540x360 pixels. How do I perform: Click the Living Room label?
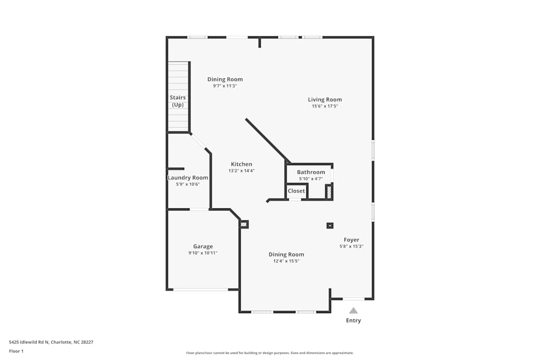tap(325, 99)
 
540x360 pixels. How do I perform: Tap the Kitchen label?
tap(241, 164)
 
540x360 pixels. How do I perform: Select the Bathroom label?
tap(311, 172)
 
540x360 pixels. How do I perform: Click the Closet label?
tap(296, 191)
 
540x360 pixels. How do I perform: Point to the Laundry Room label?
tap(188, 178)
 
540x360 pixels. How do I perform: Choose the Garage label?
tap(203, 246)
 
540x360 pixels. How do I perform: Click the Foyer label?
tap(351, 240)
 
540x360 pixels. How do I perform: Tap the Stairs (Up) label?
tap(178, 101)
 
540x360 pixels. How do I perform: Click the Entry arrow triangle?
tap(353, 310)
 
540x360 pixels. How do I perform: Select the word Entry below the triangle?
tap(353, 321)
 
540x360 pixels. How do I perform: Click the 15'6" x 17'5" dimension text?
tap(325, 106)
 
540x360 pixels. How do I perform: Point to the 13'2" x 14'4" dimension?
tap(241, 171)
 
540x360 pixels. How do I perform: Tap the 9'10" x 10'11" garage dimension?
tap(203, 253)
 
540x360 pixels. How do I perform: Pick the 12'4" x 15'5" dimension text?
tap(286, 261)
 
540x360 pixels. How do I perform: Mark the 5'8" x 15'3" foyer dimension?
tap(351, 246)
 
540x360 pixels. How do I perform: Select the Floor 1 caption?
tap(16, 351)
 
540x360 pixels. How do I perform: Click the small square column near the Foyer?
tap(330, 226)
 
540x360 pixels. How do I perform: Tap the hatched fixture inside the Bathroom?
tap(328, 192)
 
